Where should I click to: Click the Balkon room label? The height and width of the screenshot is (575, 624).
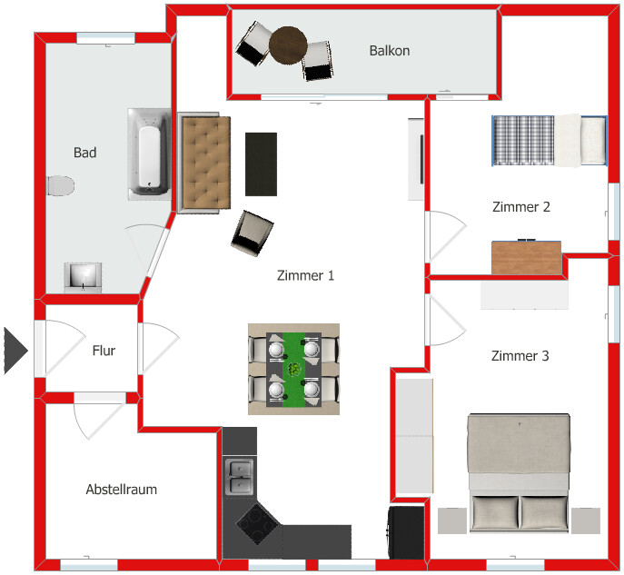(x=389, y=51)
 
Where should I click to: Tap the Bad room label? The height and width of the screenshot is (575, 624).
(x=84, y=153)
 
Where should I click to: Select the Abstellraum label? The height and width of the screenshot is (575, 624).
(x=121, y=490)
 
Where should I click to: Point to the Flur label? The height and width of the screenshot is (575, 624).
(x=104, y=351)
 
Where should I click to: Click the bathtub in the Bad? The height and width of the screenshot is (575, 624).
(x=147, y=154)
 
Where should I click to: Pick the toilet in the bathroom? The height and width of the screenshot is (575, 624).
(x=60, y=186)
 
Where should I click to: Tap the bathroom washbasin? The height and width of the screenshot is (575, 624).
(x=84, y=274)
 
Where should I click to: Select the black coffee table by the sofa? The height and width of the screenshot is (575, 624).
(x=262, y=164)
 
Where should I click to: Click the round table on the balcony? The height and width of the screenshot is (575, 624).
(x=289, y=45)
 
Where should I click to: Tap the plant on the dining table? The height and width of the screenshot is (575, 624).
(x=295, y=369)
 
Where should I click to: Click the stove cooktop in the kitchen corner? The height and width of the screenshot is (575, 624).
(x=257, y=524)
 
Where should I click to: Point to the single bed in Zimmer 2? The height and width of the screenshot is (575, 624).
(x=549, y=141)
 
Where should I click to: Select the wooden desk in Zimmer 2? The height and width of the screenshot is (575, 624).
(x=526, y=257)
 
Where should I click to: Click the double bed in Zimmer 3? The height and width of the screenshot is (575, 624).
(x=519, y=472)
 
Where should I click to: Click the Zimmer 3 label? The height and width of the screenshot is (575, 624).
(x=520, y=356)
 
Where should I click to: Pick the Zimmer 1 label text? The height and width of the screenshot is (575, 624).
(x=305, y=275)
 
